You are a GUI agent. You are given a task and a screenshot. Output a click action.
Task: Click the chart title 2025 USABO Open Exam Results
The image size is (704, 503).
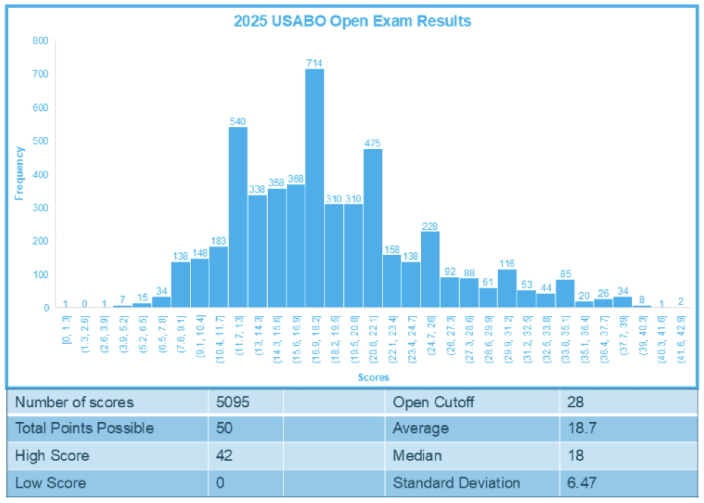coord(352,21)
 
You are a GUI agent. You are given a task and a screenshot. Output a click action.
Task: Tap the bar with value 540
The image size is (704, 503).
coord(238,217)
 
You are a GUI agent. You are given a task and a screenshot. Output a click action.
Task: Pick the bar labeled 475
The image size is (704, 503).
coord(373,228)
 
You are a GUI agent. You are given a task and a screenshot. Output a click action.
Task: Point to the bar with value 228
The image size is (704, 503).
coord(430,270)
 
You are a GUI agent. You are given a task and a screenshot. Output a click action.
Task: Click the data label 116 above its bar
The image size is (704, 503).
coord(507,264)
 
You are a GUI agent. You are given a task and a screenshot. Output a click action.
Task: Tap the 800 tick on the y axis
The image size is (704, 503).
coord(40,41)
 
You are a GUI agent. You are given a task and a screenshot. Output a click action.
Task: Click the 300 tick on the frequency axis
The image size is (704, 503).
coord(40,208)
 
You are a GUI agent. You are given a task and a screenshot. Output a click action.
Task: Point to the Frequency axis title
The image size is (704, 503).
coord(19,174)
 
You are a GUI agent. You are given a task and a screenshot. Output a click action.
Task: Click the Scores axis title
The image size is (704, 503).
coord(374,377)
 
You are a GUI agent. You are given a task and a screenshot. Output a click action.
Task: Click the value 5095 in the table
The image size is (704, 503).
coord(233,402)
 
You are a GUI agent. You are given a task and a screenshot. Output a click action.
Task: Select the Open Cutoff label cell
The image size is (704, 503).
coord(433,402)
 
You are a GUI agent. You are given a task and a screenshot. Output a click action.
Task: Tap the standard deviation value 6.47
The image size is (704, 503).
coord(582,483)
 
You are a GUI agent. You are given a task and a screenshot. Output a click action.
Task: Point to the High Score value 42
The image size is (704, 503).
coord(224,455)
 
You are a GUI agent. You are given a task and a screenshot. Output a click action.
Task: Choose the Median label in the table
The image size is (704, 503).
coord(417,455)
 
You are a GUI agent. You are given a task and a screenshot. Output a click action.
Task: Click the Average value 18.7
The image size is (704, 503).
coord(582,428)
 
